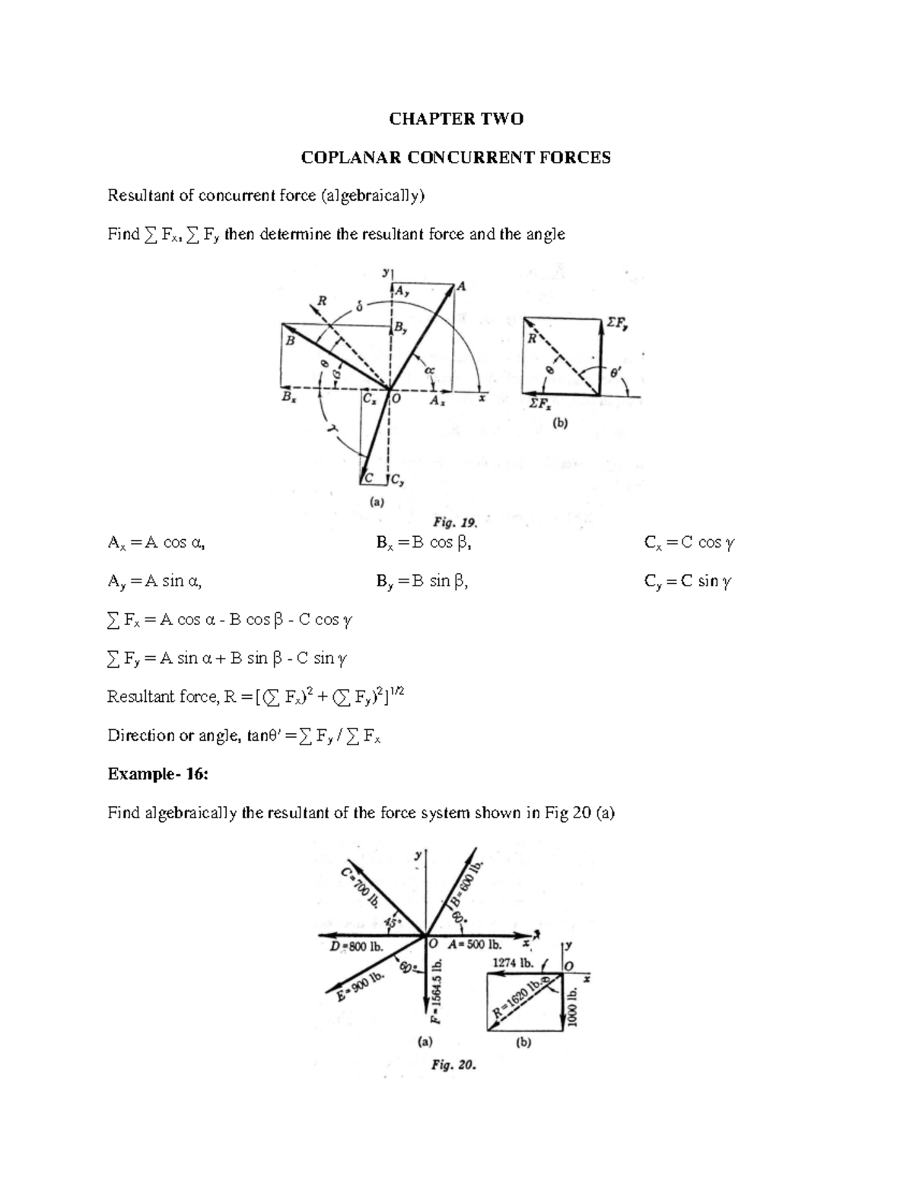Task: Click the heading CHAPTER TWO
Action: tap(456, 119)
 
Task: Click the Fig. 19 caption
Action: tap(454, 522)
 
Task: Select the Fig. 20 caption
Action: tap(453, 1065)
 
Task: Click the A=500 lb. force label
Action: tap(476, 945)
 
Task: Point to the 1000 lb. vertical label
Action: tap(572, 1008)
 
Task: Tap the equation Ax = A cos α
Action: tap(157, 543)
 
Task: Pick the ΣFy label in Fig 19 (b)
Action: tap(616, 324)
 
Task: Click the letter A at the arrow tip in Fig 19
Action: tap(461, 287)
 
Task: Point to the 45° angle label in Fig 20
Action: tap(393, 922)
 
